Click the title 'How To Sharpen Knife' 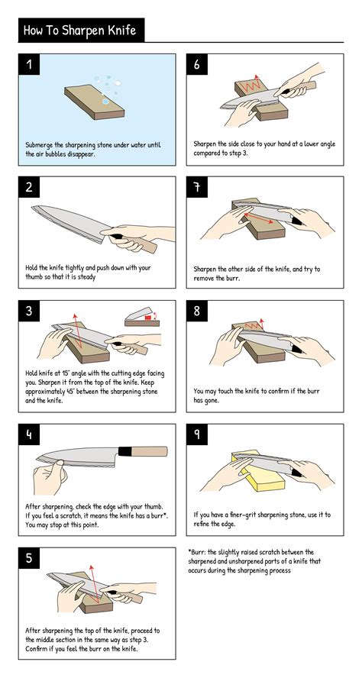point(80,31)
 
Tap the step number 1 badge point(30,65)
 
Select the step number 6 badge point(198,65)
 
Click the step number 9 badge point(198,435)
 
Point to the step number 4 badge point(30,435)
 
